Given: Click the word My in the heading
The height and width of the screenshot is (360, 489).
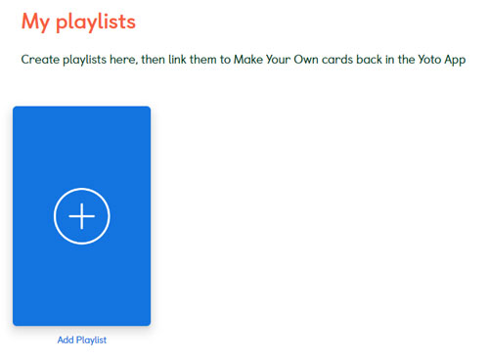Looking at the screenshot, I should coord(37,21).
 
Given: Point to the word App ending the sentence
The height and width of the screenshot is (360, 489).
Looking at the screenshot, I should coord(455,61).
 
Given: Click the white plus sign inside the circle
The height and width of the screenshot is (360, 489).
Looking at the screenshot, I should coord(81,215).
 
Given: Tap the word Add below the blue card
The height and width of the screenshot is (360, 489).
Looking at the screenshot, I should coord(66,340).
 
